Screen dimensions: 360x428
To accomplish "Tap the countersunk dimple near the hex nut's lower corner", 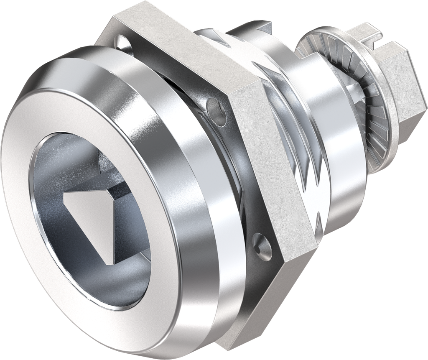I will (261, 246).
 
